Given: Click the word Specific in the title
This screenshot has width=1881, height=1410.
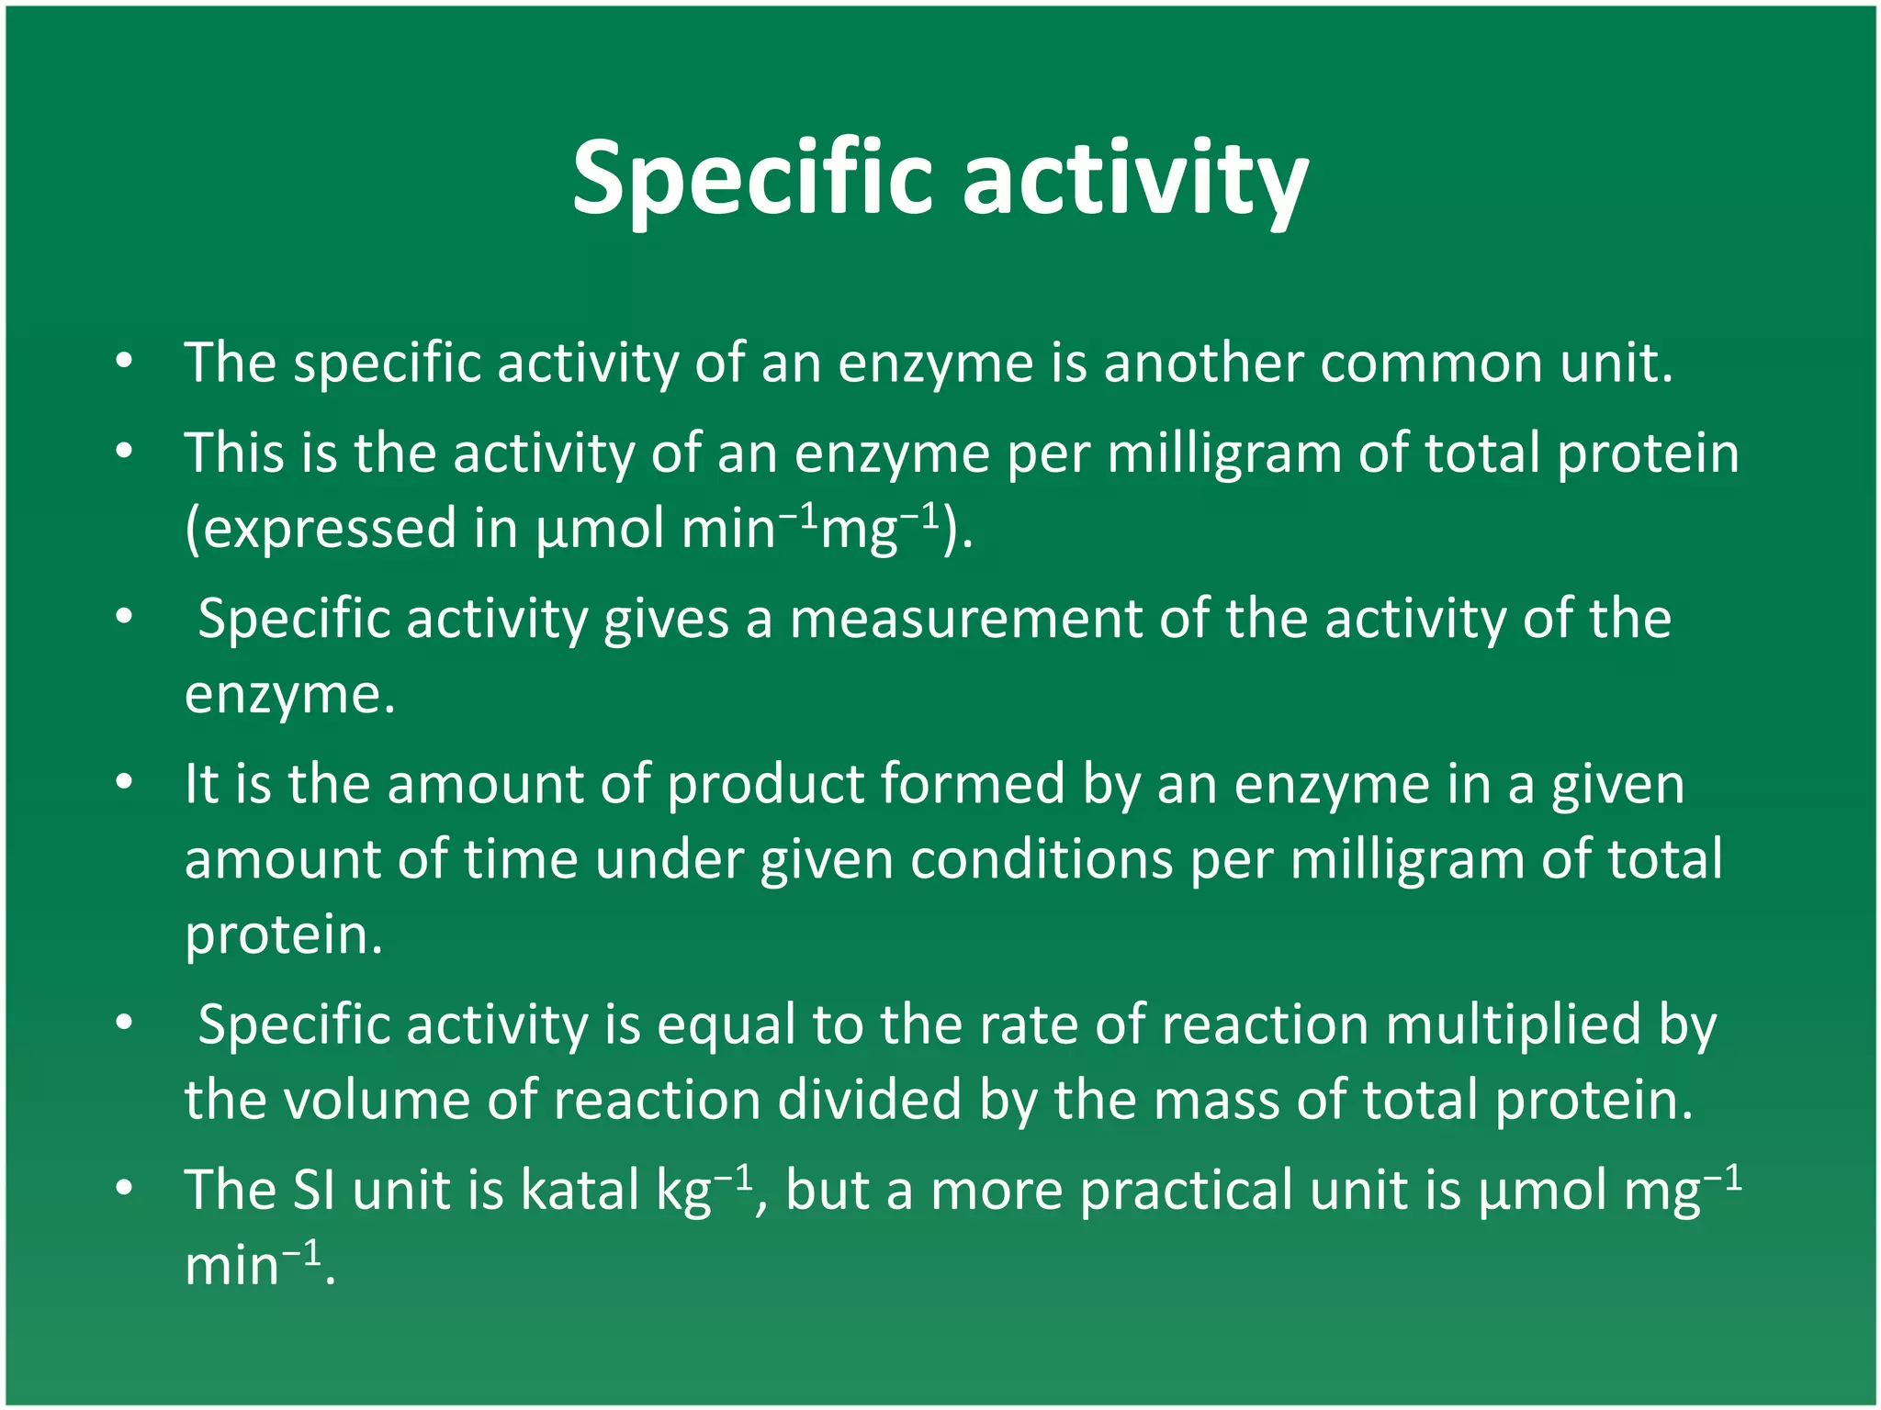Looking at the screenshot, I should pyautogui.click(x=752, y=179).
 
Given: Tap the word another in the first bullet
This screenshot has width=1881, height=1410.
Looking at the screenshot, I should pyautogui.click(x=1202, y=363).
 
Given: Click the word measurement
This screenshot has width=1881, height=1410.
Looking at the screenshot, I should pyautogui.click(x=965, y=619).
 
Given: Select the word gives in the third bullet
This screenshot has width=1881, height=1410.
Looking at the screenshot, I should pyautogui.click(x=665, y=619).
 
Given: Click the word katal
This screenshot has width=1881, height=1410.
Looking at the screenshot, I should pyautogui.click(x=579, y=1191).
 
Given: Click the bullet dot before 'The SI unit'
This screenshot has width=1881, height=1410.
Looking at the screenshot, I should pyautogui.click(x=125, y=1190).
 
